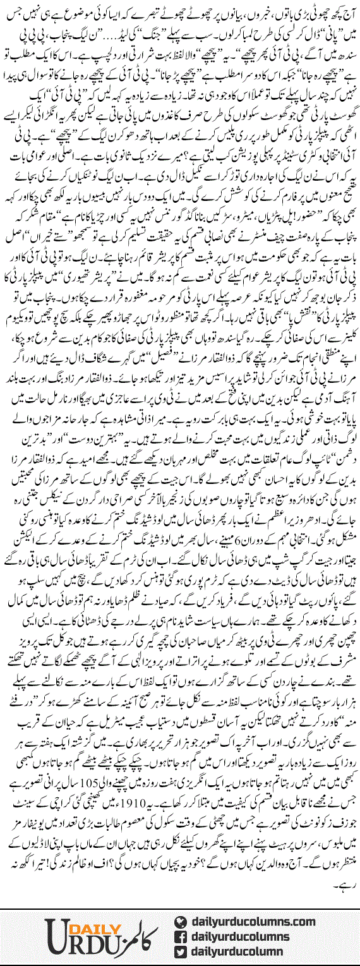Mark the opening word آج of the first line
click(x=346, y=13)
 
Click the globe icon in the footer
click(x=184, y=904)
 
